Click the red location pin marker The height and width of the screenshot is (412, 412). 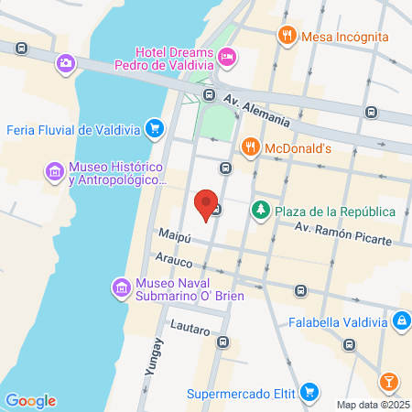point(207,202)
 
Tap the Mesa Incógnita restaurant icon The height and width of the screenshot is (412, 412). point(287,36)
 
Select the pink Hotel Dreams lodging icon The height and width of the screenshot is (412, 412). point(228,58)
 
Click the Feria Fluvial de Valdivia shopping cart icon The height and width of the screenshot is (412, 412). point(155,129)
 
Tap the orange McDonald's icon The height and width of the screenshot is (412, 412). point(249,146)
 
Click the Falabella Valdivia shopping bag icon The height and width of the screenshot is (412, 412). point(401,321)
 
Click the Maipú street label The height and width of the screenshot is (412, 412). point(174,236)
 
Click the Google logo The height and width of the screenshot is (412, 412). point(30,401)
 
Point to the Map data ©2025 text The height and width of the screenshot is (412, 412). point(372,405)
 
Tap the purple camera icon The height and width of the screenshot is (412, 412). point(65,63)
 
